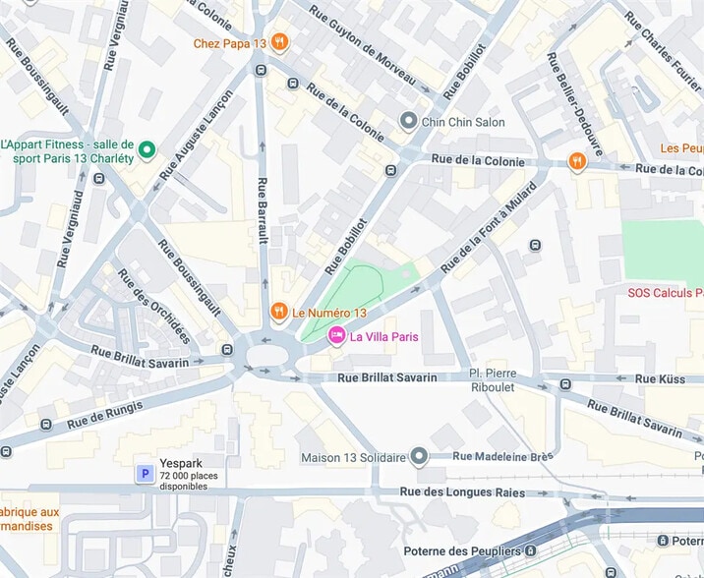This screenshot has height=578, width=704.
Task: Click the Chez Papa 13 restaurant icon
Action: click(x=280, y=41)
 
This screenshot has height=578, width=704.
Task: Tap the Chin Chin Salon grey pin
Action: click(x=408, y=121)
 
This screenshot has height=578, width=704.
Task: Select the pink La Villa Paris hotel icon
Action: click(x=336, y=336)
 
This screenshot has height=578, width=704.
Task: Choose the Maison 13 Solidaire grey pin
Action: click(x=420, y=457)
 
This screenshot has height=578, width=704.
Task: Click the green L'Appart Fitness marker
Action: click(x=147, y=149)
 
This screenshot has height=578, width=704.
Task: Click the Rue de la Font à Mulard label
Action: click(x=490, y=228)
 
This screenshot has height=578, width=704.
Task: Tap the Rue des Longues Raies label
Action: click(x=460, y=491)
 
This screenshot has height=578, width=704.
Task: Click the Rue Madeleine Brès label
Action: click(x=504, y=456)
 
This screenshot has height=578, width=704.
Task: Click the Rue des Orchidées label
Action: click(x=154, y=306)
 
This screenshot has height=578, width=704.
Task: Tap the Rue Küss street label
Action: click(x=659, y=377)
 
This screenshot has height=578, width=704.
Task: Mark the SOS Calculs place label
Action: click(x=665, y=293)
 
